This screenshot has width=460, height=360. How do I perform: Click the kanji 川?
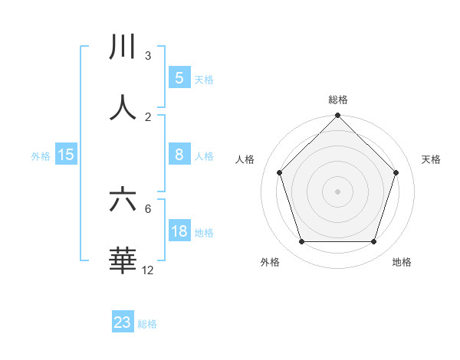coord(123,47)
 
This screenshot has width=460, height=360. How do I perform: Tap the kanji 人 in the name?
coord(123,108)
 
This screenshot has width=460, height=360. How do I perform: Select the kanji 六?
coord(123,200)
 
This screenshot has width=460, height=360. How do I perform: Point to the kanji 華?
coord(123,260)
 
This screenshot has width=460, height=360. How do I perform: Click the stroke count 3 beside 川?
coord(148,56)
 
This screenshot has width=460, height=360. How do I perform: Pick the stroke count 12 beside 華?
coord(148,270)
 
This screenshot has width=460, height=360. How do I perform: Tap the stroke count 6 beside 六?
coord(148,208)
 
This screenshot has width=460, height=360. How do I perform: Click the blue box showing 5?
coord(179,78)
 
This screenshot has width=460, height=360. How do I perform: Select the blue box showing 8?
coord(179,155)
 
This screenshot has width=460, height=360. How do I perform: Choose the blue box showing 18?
coord(179,231)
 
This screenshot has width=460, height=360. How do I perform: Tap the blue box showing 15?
coord(66,155)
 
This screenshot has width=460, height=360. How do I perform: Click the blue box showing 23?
coord(123,322)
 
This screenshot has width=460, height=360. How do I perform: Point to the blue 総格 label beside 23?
coord(147,324)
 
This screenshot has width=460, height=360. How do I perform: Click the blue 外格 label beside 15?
coord(41,156)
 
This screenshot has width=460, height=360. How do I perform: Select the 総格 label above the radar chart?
coord(337,100)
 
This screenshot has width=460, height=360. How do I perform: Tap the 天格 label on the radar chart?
coord(431,159)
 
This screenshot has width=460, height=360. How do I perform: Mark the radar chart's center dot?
coord(337,191)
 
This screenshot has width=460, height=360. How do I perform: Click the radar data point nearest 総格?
coord(337,116)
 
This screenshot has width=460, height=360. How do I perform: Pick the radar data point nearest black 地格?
coord(373,242)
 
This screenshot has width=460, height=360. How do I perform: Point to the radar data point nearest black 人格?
coord(280,172)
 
